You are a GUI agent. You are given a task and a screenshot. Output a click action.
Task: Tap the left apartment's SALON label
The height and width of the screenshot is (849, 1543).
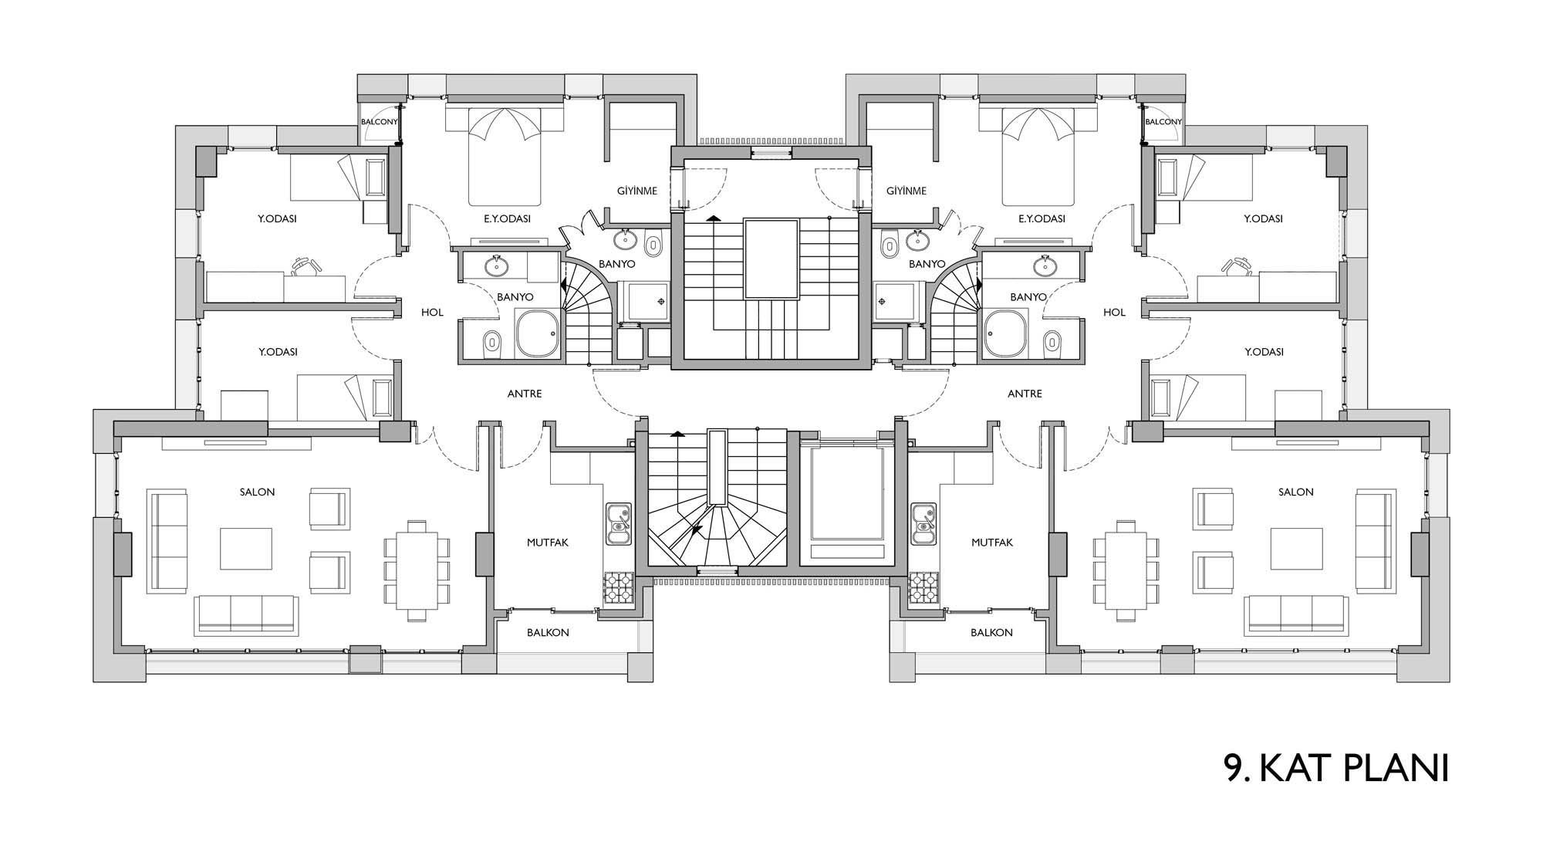257,492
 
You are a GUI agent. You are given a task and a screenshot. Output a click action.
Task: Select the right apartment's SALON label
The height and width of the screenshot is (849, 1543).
1295,492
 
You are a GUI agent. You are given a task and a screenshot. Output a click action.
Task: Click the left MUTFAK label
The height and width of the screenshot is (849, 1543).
548,543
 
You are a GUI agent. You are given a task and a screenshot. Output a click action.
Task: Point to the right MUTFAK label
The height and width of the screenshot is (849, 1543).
992,543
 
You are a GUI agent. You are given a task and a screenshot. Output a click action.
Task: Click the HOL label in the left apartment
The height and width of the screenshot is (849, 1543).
432,313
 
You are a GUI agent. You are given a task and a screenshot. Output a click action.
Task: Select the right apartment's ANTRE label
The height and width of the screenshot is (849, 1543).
1025,394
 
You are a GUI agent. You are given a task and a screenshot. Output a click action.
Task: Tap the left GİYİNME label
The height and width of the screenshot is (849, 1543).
637,191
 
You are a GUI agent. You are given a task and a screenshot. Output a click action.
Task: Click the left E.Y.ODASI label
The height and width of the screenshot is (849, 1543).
507,218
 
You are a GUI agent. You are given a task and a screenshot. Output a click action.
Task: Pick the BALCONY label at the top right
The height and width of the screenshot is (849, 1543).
1163,122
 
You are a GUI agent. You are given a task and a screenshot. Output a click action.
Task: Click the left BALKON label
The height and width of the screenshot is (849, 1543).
548,632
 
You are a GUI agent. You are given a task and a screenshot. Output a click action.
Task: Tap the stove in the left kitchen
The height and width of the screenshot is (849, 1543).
618,587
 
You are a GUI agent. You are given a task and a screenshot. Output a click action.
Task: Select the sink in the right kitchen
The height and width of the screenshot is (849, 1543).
923,523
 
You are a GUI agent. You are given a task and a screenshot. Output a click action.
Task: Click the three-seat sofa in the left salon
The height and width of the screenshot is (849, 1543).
247,614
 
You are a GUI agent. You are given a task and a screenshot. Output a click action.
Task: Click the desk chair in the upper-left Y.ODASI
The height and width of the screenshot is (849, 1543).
306,266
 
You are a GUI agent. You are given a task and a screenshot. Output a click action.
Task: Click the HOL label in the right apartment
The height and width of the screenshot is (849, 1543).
1114,313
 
